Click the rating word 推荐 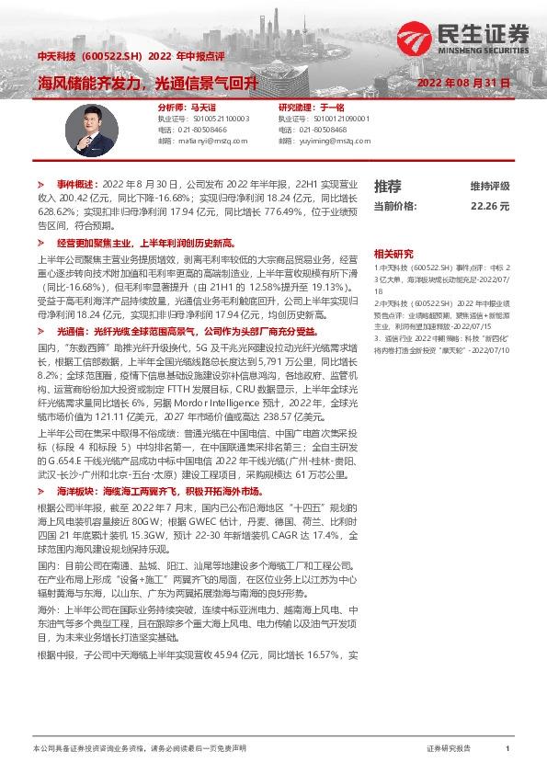click(387, 186)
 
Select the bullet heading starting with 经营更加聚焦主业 click(146, 244)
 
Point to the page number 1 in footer click(507, 749)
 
